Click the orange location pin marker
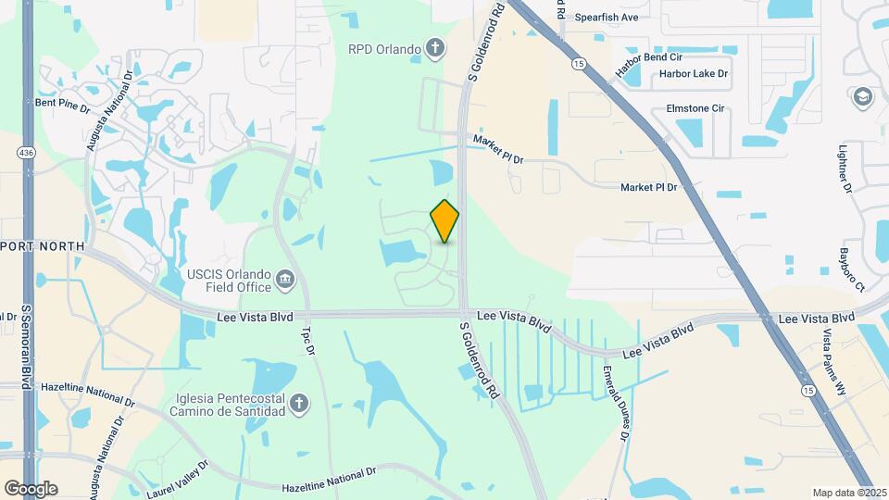point(445,220)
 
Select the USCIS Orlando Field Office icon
point(285,277)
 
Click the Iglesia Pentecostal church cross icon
point(298,403)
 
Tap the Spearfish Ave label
point(607,17)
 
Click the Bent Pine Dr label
point(62,104)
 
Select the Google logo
point(31,488)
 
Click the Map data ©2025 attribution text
point(847,493)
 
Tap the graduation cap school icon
point(863,96)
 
